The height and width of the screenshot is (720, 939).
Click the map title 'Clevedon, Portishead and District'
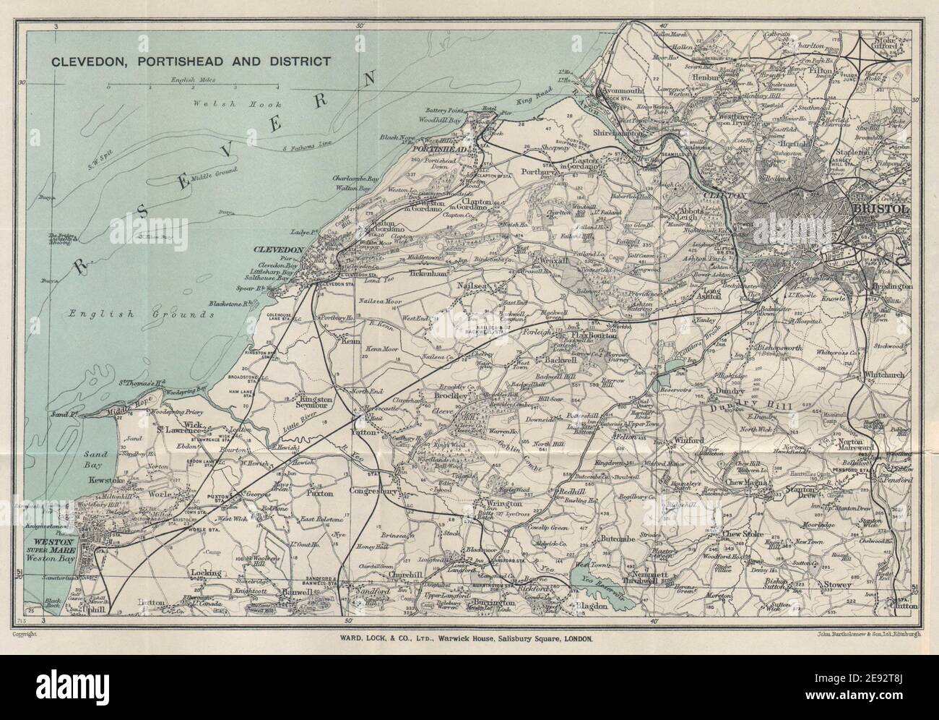coord(191,61)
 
